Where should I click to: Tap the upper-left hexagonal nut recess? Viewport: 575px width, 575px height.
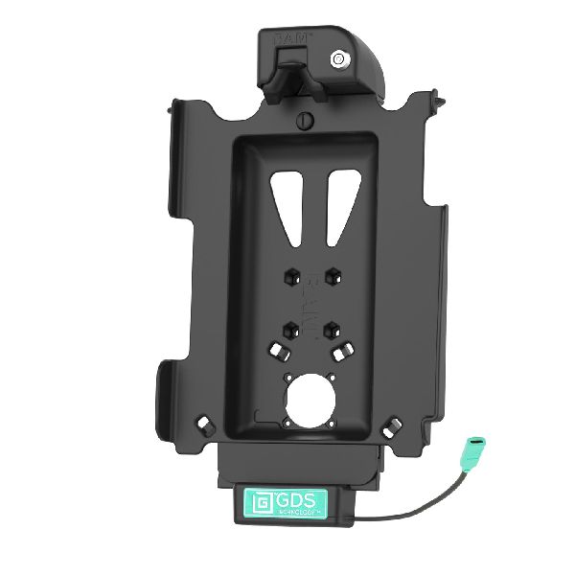tap(289, 275)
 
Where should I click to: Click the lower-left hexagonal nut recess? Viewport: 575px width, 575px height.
tap(289, 327)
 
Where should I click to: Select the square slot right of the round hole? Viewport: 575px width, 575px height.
tap(342, 351)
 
